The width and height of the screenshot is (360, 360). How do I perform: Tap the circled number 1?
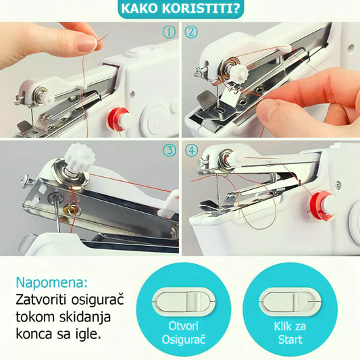pyautogui.click(x=169, y=32)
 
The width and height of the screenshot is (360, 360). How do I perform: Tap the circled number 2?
pyautogui.click(x=191, y=32)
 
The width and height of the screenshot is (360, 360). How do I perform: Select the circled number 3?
pyautogui.click(x=170, y=151)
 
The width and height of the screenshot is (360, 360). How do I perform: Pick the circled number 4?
pyautogui.click(x=191, y=151)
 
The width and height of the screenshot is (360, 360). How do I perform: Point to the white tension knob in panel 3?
pyautogui.click(x=80, y=155)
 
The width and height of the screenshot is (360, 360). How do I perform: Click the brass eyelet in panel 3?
pyautogui.click(x=71, y=207)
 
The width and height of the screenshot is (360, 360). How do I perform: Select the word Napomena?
pyautogui.click(x=51, y=282)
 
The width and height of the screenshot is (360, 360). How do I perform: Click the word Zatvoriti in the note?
pyautogui.click(x=42, y=300)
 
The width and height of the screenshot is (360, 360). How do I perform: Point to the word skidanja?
pyautogui.click(x=85, y=317)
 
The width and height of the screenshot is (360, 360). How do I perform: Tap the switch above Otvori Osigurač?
pyautogui.click(x=184, y=301)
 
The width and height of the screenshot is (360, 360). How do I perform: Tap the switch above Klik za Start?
pyautogui.click(x=290, y=301)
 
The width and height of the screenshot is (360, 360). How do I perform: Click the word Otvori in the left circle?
pyautogui.click(x=184, y=326)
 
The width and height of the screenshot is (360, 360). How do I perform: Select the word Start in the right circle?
pyautogui.click(x=290, y=340)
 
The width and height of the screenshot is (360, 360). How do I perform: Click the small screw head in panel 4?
pyautogui.click(x=338, y=184)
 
